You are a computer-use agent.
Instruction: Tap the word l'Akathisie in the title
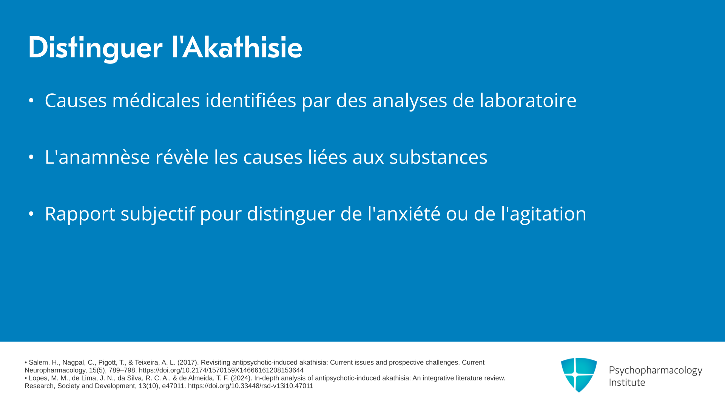pyautogui.click(x=237, y=47)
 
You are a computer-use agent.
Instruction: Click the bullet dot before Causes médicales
pyautogui.click(x=31, y=100)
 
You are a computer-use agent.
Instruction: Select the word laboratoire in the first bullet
pyautogui.click(x=528, y=100)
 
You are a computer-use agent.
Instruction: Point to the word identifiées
pyautogui.click(x=251, y=100)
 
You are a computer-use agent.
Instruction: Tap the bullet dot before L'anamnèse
pyautogui.click(x=31, y=157)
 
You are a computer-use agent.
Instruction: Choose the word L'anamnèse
pyautogui.click(x=97, y=157)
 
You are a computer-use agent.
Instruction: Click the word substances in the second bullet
pyautogui.click(x=438, y=157)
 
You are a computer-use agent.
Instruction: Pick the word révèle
pyautogui.click(x=182, y=157)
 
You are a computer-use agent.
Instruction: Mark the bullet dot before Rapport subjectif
pyautogui.click(x=31, y=214)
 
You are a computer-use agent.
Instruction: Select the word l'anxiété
pyautogui.click(x=404, y=214)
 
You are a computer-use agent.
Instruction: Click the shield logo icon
pyautogui.click(x=579, y=375)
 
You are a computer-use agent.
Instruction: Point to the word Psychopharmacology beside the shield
pyautogui.click(x=656, y=371)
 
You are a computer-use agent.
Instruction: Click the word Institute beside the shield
pyautogui.click(x=627, y=382)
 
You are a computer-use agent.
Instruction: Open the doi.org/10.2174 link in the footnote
pyautogui.click(x=221, y=370)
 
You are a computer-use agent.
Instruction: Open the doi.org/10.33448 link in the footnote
pyautogui.click(x=250, y=386)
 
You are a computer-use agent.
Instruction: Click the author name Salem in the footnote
pyautogui.click(x=38, y=362)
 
